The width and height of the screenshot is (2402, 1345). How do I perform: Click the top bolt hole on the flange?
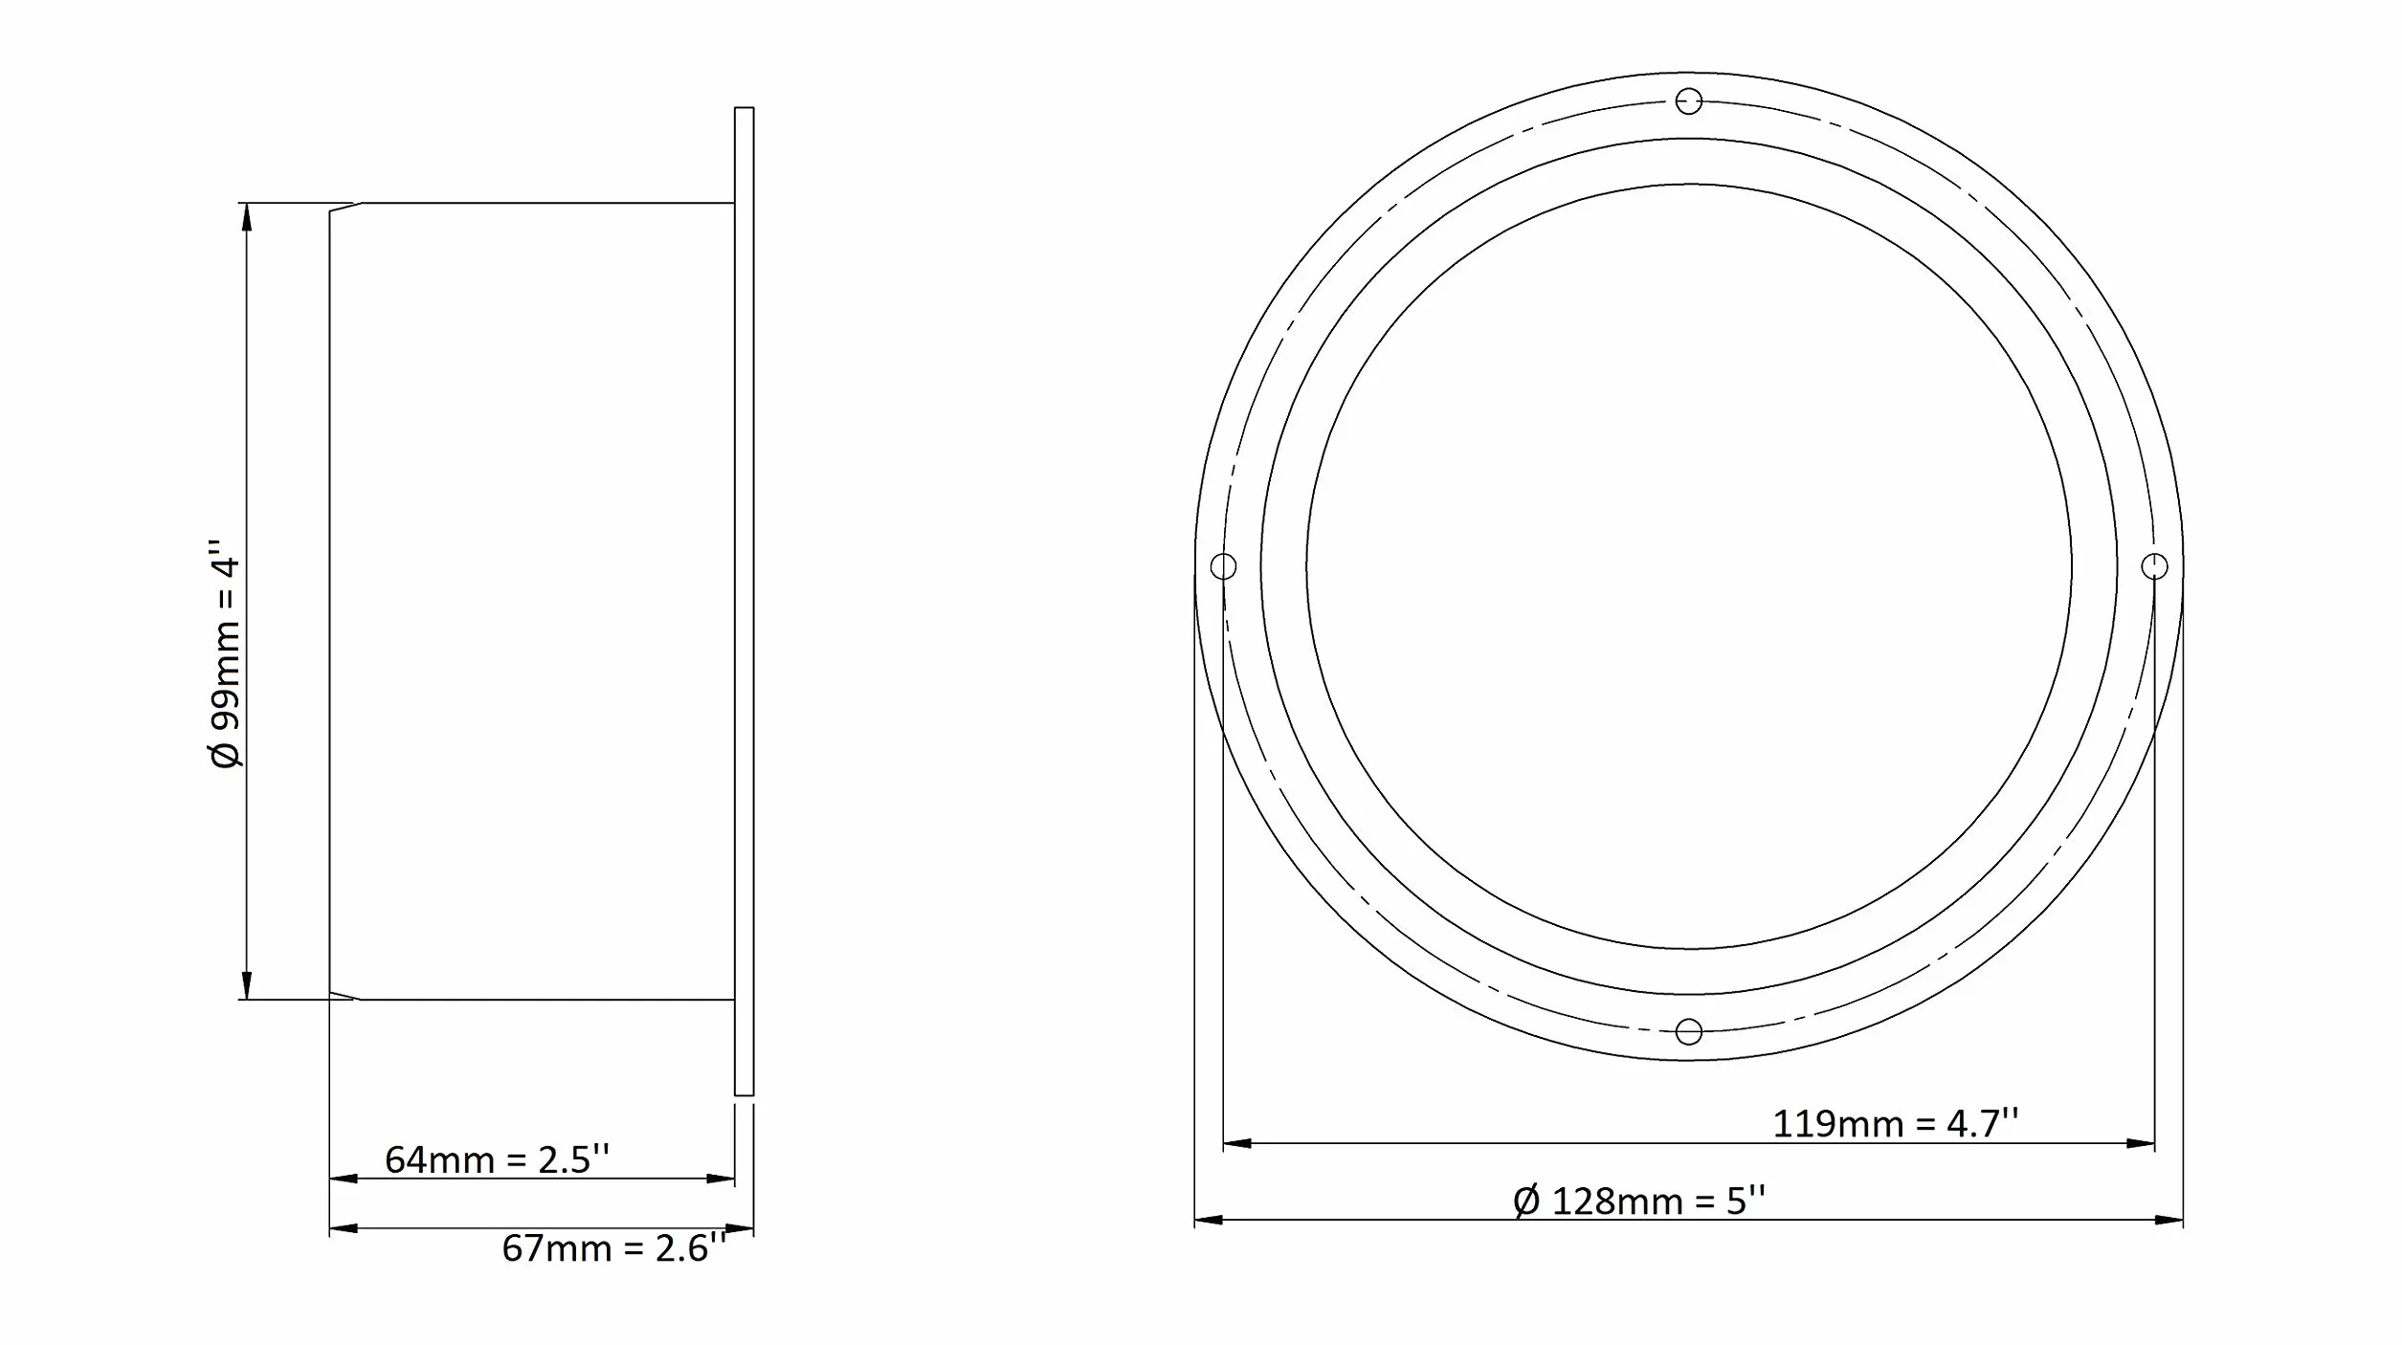click(1689, 100)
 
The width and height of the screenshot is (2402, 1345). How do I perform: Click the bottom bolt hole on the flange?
click(1689, 1032)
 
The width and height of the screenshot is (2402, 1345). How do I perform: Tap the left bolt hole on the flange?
click(1223, 566)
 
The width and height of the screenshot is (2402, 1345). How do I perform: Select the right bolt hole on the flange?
click(2154, 566)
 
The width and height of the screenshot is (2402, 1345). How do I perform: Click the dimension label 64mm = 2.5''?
click(497, 1159)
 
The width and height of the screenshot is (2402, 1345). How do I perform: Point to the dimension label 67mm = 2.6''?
click(614, 1248)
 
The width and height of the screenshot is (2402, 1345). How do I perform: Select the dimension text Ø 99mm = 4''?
click(227, 653)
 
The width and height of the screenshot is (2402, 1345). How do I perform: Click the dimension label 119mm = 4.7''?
click(1896, 1123)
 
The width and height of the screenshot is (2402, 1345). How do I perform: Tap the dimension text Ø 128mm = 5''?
click(1639, 1201)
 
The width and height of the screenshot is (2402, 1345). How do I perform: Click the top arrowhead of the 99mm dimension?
click(247, 216)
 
